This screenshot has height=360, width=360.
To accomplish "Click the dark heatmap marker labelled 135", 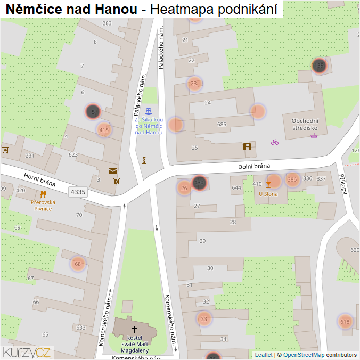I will pyautogui.click(x=318, y=66).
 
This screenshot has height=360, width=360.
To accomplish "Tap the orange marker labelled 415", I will pyautogui.click(x=104, y=129).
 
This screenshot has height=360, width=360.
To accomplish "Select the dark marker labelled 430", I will pyautogui.click(x=199, y=183).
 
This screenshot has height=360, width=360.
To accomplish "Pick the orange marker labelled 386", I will pyautogui.click(x=292, y=179).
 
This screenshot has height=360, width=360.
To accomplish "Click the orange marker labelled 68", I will pyautogui.click(x=78, y=264).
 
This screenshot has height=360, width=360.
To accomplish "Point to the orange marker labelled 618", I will pyautogui.click(x=345, y=322).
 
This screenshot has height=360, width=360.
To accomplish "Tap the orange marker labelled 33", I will pyautogui.click(x=203, y=319).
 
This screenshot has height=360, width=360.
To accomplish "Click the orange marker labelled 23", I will pyautogui.click(x=194, y=84).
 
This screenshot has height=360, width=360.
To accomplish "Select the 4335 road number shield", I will pyautogui.click(x=78, y=191).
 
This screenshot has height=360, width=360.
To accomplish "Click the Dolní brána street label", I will pyautogui.click(x=255, y=166).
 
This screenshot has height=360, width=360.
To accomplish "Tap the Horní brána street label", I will pyautogui.click(x=39, y=182).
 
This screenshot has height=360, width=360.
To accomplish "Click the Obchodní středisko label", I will pyautogui.click(x=305, y=124).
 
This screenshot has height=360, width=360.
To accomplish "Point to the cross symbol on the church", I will pyautogui.click(x=135, y=330).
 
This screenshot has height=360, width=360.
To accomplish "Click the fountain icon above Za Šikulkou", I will pyautogui.click(x=149, y=111).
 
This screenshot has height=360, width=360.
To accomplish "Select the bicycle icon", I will pyautogui.click(x=275, y=142).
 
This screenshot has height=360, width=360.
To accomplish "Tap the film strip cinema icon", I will pyautogui.click(x=247, y=146).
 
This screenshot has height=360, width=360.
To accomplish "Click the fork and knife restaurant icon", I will pyautogui.click(x=43, y=194).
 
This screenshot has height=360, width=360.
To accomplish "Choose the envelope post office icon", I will pyautogui.click(x=113, y=171).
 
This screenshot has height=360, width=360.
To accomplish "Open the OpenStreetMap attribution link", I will pyautogui.click(x=304, y=355).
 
